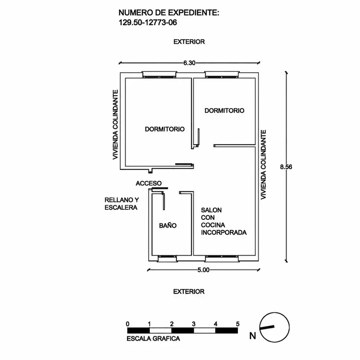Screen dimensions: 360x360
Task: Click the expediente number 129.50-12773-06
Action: pos(148,23)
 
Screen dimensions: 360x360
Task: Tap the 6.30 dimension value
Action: pos(189,63)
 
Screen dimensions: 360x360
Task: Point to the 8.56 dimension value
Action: pos(286,167)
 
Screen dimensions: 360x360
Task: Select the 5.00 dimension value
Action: pos(203,270)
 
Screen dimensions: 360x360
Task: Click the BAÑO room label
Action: pos(168,225)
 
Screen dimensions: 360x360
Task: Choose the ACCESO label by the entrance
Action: pos(149,183)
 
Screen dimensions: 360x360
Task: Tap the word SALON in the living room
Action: pos(211,210)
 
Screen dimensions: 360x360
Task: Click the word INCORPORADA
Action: pos(224,233)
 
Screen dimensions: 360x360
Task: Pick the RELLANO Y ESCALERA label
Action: pos(122,204)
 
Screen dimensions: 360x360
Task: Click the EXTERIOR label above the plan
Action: pos(189,42)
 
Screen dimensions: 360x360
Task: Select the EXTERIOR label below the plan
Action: pos(189,292)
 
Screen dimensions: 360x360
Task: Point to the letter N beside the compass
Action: pos(253,336)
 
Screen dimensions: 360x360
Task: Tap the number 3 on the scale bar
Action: pos(194,324)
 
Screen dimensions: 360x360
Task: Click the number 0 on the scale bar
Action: pos(128,324)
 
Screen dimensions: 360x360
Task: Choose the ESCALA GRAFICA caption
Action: pos(153,339)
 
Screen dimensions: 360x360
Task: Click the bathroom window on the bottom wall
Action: pos(167,259)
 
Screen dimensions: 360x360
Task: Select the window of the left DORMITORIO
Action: pos(159,75)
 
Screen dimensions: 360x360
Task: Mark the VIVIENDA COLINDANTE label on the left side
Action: pos(115,125)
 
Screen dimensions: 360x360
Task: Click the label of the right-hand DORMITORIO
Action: pos(224,111)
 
